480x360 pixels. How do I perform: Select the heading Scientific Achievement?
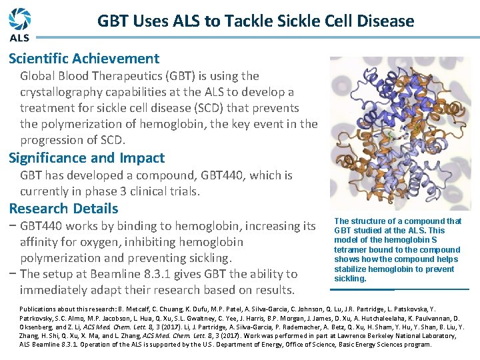pos(84,59)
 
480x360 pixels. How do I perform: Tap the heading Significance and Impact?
pos(86,158)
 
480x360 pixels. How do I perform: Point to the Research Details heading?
pos(63,208)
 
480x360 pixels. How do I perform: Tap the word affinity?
pos(43,242)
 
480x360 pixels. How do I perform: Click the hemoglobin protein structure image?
pos(399,133)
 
